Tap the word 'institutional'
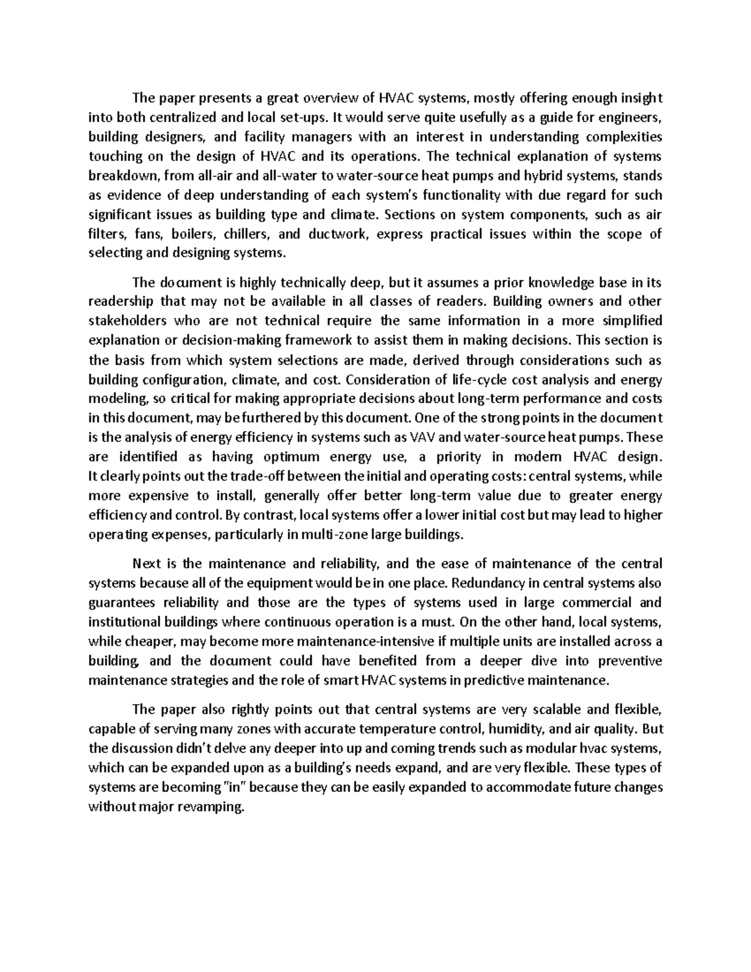pos(125,622)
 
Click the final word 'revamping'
pos(210,807)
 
